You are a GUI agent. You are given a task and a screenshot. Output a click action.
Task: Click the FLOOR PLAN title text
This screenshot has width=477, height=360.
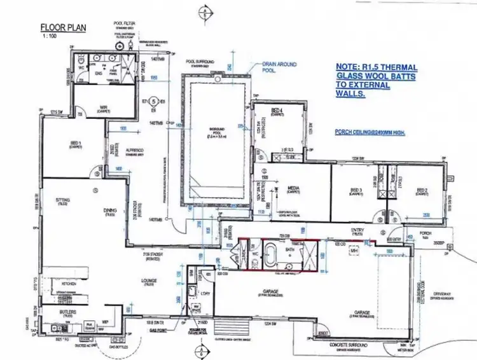point(63,27)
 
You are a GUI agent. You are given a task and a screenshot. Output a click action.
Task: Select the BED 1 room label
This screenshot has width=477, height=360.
point(79,144)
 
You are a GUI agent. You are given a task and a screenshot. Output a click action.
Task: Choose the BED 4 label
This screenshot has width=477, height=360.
point(277,113)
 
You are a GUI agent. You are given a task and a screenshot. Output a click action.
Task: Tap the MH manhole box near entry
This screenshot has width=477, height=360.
point(354,252)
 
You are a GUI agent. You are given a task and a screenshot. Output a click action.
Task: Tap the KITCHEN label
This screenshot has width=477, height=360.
point(67,283)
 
